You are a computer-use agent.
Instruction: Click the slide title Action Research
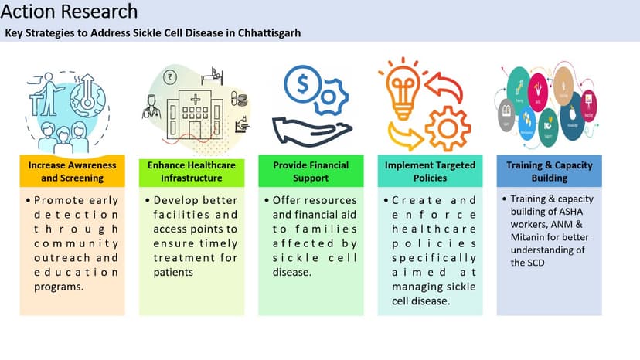[70, 12]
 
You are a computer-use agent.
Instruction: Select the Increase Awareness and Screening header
[72, 172]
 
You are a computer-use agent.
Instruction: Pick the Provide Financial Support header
[311, 172]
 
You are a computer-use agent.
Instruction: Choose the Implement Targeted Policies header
[430, 172]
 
